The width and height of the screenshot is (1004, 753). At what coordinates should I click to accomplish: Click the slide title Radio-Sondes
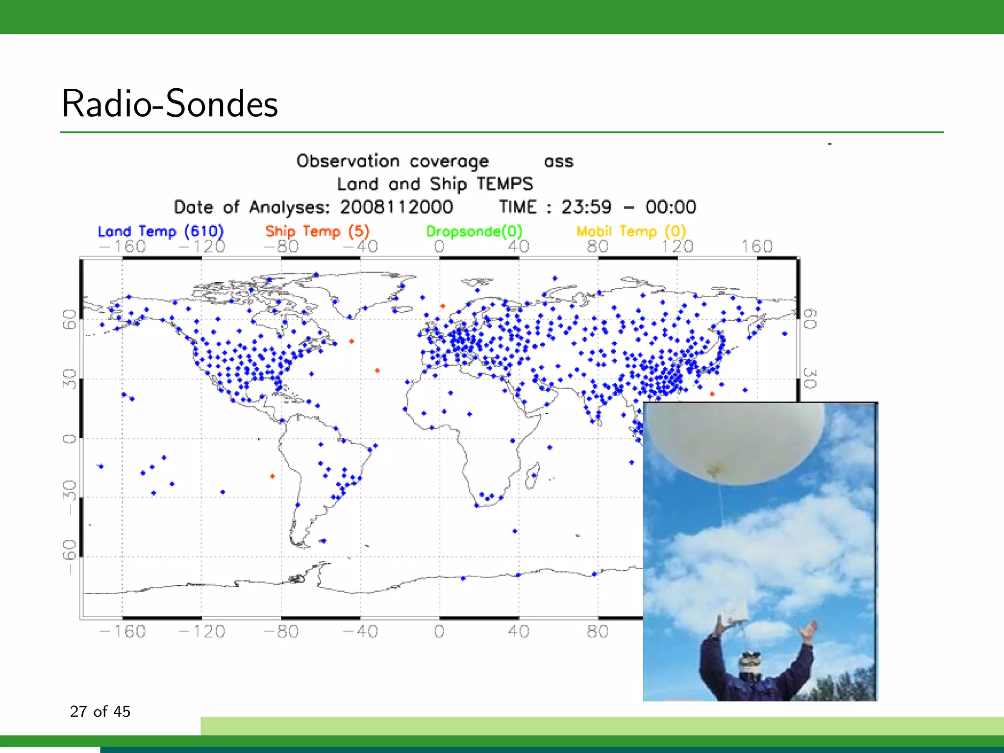click(170, 104)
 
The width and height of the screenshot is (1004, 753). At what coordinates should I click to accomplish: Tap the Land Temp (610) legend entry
click(160, 231)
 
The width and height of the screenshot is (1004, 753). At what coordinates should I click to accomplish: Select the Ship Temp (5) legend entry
click(317, 231)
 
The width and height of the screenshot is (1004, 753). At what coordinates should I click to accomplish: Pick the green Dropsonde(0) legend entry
click(474, 231)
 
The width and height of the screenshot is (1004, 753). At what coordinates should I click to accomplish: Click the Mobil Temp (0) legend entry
click(630, 231)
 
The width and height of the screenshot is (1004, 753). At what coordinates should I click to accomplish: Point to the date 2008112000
click(396, 207)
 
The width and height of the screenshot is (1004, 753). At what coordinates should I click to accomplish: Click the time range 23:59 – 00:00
click(628, 207)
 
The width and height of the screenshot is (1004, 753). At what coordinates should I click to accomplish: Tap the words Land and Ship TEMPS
click(434, 184)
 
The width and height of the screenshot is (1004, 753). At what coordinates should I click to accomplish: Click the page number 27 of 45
click(100, 711)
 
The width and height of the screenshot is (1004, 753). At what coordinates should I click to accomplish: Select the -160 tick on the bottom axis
click(123, 631)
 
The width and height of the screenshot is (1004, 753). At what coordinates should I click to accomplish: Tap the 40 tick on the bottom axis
click(518, 631)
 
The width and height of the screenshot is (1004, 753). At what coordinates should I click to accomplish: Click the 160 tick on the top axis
click(756, 246)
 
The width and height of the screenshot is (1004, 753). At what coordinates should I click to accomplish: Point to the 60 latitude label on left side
click(70, 320)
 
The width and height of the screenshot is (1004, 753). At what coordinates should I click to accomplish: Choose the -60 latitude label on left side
click(70, 557)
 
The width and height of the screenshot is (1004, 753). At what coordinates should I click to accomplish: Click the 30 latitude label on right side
click(810, 379)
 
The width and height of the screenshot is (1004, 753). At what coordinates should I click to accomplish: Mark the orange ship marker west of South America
click(273, 476)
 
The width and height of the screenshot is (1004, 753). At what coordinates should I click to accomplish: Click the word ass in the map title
click(558, 162)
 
